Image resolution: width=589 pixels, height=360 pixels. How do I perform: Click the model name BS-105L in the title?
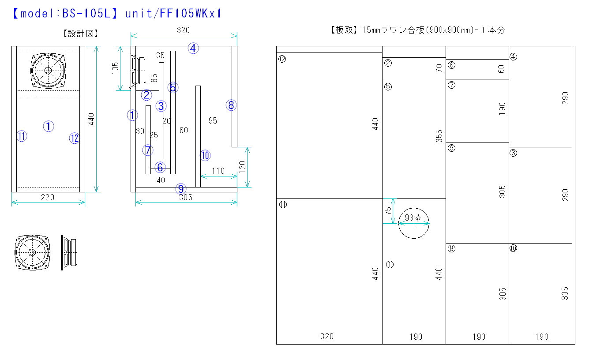pos(87,14)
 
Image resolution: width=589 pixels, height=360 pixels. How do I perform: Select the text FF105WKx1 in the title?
pos(190,14)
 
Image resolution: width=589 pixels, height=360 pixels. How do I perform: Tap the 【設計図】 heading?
pos(81,34)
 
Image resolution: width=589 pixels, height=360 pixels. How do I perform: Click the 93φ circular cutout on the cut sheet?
pos(414,223)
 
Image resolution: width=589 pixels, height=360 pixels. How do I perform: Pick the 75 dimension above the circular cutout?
pos(387,211)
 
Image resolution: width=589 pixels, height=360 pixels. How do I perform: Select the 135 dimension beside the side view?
pos(116,68)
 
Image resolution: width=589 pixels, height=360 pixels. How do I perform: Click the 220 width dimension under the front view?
pos(48,197)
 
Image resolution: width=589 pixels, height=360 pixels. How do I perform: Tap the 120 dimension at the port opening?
pos(242,168)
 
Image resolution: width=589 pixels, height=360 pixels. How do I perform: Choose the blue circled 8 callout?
pos(231,105)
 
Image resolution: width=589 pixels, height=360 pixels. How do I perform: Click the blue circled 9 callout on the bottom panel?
pos(181,189)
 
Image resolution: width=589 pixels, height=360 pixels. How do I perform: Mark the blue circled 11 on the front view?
pos(22,136)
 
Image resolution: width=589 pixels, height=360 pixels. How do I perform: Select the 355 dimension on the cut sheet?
pos(439,135)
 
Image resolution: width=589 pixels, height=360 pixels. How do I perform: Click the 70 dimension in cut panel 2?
pos(439,68)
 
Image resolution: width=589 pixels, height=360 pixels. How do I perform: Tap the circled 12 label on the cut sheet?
pos(282,59)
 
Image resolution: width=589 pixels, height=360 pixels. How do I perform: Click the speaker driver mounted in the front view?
pos(48,70)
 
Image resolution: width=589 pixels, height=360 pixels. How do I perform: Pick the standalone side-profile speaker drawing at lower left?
pos(68,252)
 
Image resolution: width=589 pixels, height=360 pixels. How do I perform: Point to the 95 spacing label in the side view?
pos(213,120)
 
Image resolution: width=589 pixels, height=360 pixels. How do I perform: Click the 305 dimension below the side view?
pos(186,197)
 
